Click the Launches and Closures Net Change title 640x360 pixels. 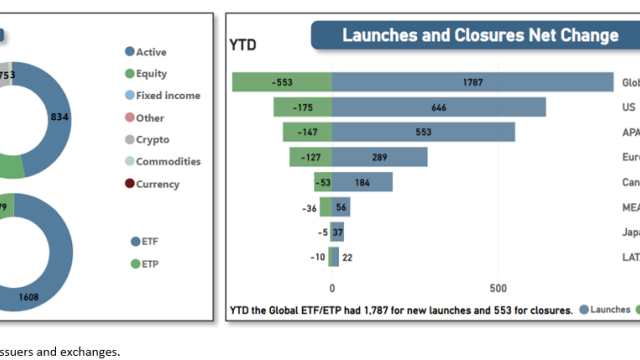[480, 36]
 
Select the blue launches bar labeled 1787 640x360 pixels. [472, 83]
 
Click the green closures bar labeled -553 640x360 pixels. [282, 83]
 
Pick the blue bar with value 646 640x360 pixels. [438, 107]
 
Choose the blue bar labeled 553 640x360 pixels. [423, 132]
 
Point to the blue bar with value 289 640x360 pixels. [379, 157]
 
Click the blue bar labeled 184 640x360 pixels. [362, 182]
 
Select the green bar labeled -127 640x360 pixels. [311, 157]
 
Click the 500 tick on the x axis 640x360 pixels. [498, 286]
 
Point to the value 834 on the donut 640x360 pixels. [60, 117]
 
